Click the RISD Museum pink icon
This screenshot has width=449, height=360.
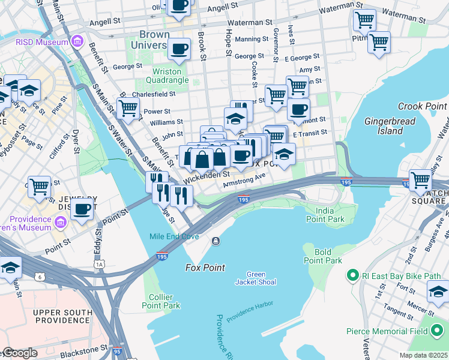tap(77, 41)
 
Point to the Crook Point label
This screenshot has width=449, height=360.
tap(423, 106)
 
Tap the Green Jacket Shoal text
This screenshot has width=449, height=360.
tap(256, 278)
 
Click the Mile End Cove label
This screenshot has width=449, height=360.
tap(174, 236)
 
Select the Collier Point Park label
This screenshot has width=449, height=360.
tap(164, 301)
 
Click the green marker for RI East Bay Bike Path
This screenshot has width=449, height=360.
tap(352, 276)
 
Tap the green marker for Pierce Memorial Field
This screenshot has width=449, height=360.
tap(437, 331)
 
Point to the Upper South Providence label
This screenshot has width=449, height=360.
tap(61, 317)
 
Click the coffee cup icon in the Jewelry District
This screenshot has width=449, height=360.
tap(82, 209)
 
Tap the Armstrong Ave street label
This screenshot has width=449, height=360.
tap(244, 181)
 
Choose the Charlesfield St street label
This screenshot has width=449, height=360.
tap(153, 94)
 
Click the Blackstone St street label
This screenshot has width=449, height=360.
tap(81, 348)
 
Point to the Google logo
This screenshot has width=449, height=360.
tap(19, 353)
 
